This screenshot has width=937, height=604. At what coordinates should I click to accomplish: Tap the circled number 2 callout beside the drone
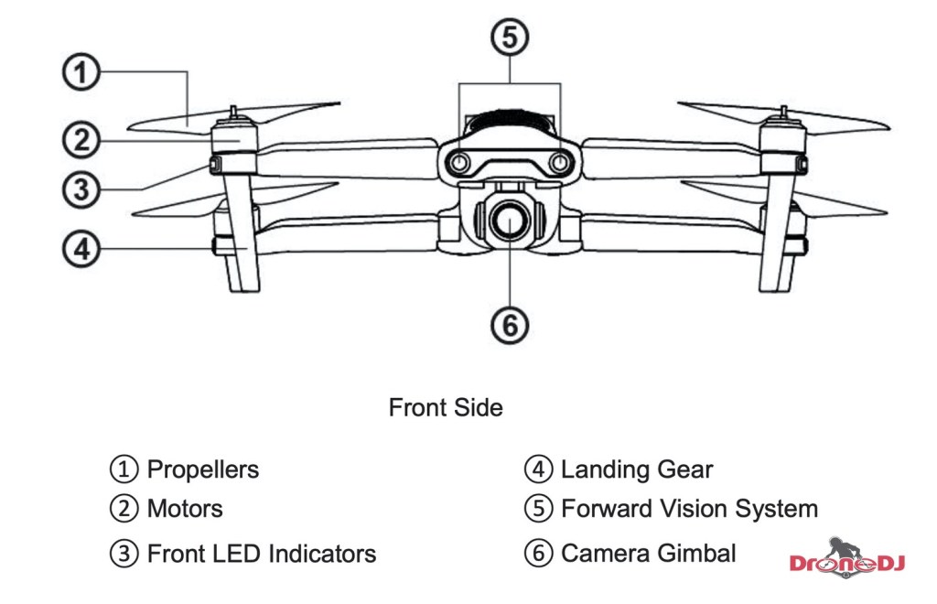(x=81, y=140)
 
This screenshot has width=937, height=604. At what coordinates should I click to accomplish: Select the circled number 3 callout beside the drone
(x=81, y=190)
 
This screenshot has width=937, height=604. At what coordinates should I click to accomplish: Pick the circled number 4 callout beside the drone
(x=81, y=248)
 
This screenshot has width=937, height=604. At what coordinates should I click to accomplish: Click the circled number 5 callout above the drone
(x=510, y=38)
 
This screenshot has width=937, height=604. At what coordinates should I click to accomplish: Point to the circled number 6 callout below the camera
(x=510, y=324)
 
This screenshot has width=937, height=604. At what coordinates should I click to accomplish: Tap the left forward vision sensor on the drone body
(x=460, y=162)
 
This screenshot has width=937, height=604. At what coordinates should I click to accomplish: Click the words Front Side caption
(x=446, y=407)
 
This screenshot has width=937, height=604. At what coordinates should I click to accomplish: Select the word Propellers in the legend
(x=203, y=470)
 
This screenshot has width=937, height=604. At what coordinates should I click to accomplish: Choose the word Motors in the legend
(x=185, y=508)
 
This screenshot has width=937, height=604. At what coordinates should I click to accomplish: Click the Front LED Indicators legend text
(x=262, y=554)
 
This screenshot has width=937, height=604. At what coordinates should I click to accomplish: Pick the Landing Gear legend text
(x=637, y=470)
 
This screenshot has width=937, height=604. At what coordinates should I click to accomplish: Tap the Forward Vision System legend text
(x=689, y=508)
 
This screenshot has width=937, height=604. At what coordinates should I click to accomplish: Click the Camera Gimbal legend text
(x=648, y=554)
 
